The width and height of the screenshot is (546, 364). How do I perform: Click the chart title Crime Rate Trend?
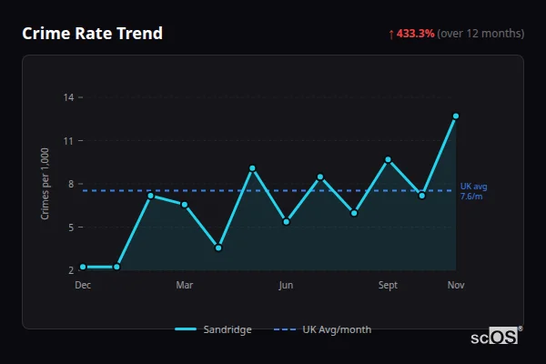(92, 34)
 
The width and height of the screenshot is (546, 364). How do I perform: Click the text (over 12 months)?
(480, 34)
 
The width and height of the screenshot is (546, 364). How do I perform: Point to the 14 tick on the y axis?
(69, 96)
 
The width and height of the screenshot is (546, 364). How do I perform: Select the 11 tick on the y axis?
(69, 140)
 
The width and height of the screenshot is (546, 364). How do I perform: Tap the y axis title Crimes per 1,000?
(45, 183)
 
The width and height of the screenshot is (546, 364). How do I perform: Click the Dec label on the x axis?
(83, 286)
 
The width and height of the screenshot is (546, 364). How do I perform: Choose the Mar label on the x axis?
(185, 286)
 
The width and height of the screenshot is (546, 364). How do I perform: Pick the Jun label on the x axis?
(286, 286)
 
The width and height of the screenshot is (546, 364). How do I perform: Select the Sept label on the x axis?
(388, 286)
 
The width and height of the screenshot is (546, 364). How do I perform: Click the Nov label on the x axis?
(456, 286)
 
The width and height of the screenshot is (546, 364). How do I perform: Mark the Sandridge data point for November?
(456, 116)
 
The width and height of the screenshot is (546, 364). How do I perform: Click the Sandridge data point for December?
(83, 267)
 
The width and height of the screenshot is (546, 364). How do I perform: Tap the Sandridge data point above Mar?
(185, 205)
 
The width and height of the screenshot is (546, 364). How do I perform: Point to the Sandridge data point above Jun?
(287, 222)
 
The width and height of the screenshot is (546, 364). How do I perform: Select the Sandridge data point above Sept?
(389, 159)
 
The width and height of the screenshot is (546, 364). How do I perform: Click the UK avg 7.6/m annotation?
(472, 191)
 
